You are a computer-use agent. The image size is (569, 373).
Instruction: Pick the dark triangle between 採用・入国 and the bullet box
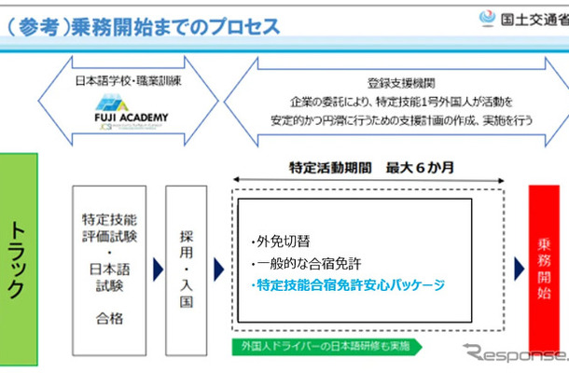click(x=218, y=269)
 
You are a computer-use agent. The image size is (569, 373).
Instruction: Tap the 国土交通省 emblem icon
click(x=486, y=19)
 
